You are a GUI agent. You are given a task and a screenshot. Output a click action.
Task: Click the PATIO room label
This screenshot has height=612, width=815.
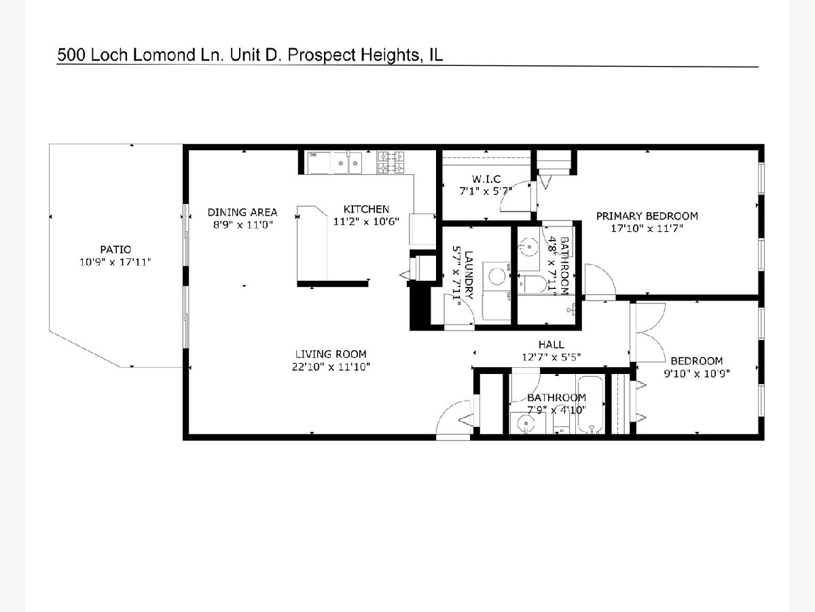tap(115, 250)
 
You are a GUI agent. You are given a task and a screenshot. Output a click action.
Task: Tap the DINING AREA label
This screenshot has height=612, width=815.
tap(242, 213)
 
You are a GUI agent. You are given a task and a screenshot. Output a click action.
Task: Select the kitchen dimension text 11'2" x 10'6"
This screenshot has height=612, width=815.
tap(366, 222)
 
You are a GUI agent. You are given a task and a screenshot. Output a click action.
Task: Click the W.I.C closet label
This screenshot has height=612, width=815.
tap(486, 179)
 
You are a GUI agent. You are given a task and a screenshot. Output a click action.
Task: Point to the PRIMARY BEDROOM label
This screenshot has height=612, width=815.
tap(647, 216)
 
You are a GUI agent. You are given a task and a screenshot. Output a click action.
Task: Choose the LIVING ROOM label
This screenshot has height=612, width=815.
tap(331, 354)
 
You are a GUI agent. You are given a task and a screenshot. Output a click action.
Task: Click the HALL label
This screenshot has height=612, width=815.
tap(551, 345)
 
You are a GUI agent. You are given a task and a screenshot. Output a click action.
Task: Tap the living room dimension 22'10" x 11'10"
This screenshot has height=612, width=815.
tap(331, 367)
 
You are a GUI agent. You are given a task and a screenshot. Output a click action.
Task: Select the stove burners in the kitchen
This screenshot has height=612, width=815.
tap(391, 163)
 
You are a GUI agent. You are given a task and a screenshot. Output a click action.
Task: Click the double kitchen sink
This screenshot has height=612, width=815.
tap(348, 163)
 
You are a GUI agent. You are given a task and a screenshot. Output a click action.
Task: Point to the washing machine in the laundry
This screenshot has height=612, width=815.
tap(496, 276)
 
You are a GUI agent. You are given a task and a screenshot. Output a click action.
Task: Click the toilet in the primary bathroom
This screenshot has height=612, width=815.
tap(532, 284)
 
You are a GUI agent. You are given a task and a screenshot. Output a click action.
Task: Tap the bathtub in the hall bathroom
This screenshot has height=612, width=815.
tap(590, 404)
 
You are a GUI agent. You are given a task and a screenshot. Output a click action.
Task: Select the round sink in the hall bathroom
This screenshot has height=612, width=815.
tap(526, 423)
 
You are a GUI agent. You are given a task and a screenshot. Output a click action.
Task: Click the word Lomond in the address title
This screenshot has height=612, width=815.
tap(164, 55)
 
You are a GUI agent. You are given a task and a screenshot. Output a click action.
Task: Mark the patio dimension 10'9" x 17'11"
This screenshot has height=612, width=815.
tap(115, 262)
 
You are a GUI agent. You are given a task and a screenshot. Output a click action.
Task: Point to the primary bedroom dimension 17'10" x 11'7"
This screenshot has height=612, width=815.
tap(647, 228)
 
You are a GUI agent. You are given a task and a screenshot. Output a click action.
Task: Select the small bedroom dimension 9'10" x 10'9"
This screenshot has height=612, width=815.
tap(697, 373)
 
